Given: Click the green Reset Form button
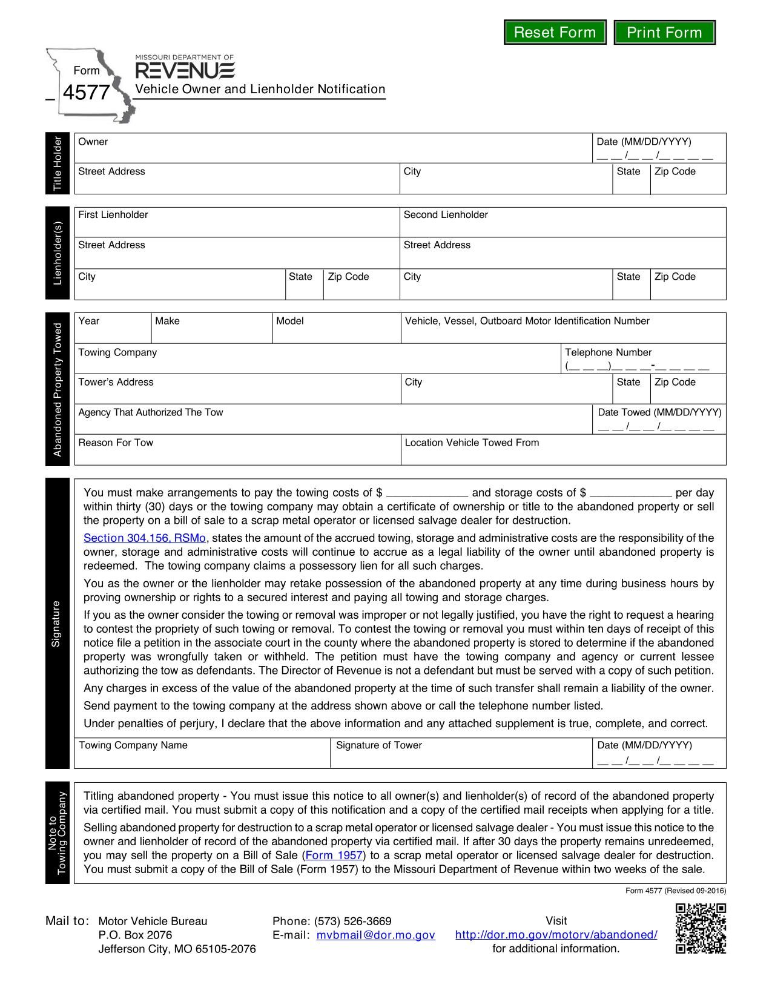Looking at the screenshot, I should [x=555, y=32].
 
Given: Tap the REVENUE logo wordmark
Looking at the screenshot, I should [x=185, y=70].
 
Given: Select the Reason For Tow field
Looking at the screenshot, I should [x=237, y=452].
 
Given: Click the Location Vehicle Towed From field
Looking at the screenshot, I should [x=563, y=452].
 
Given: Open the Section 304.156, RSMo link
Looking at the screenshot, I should [x=145, y=538].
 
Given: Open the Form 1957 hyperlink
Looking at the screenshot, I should [x=334, y=856].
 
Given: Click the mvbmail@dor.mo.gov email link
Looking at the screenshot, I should [x=375, y=935].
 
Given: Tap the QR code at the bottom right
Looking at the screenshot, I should [x=701, y=928].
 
